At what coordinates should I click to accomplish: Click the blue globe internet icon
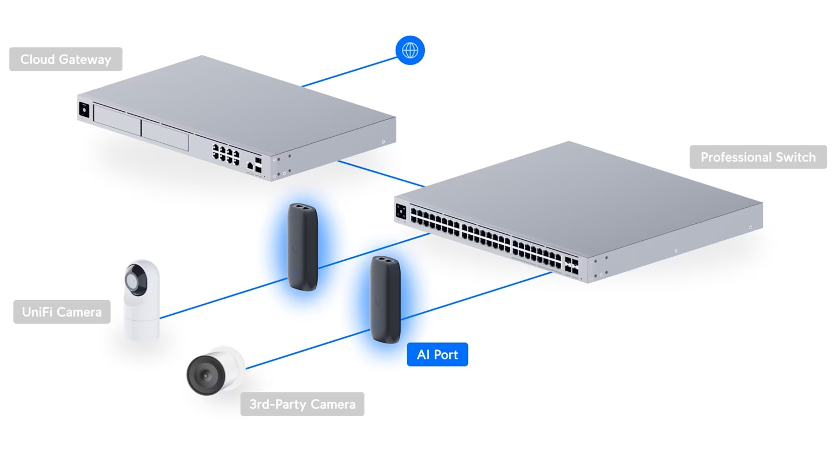[410, 50]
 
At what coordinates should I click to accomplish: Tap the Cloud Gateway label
[66, 59]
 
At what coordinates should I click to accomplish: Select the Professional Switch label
[758, 157]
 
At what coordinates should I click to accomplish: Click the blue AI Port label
[437, 354]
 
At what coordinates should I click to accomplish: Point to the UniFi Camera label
[62, 312]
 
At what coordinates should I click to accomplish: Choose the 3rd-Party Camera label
[302, 404]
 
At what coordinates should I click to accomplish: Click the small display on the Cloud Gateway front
[84, 109]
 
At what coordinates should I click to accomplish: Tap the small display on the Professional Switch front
[401, 211]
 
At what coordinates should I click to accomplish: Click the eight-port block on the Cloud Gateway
[226, 153]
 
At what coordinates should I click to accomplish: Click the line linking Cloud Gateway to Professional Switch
[380, 174]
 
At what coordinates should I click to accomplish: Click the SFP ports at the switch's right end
[571, 266]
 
